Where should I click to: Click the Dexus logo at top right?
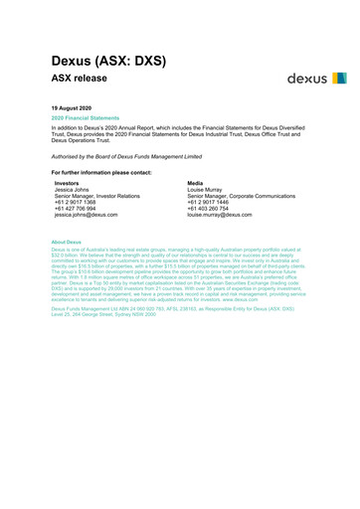[x=315, y=78]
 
